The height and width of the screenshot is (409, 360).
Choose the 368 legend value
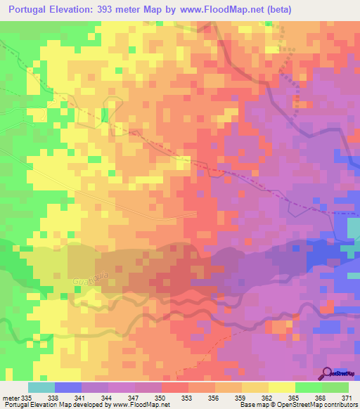tap(320, 397)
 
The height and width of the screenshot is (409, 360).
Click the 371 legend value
tap(347, 397)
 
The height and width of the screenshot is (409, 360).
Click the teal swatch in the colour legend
tap(41, 387)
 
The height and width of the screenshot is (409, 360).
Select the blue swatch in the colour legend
tap(68, 387)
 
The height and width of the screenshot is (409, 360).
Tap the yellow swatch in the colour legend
tap(282, 387)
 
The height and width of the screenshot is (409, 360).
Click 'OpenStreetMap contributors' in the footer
tap(316, 405)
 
